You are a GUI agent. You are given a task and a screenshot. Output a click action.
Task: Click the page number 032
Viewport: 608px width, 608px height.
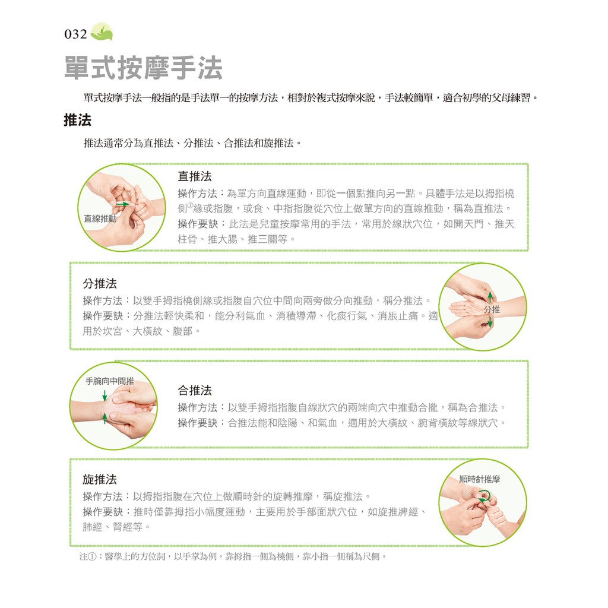coord(75,34)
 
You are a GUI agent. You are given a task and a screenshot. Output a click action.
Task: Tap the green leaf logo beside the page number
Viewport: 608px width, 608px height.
coord(102,31)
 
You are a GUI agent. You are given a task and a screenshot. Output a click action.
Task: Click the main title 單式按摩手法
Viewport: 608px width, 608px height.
coord(143,68)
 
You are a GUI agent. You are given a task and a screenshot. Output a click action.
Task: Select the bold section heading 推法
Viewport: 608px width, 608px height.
coord(78,120)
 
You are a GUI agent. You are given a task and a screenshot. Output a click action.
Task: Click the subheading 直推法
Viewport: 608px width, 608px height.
coord(195,176)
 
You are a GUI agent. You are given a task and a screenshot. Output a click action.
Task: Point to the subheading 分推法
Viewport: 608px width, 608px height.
coord(100,283)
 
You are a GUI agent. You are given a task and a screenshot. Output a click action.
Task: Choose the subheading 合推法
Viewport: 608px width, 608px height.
coord(195,390)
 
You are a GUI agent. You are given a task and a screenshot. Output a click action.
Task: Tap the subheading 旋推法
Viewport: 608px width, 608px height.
coord(100,479)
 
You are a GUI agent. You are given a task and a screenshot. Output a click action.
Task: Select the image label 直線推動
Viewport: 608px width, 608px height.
coord(100,218)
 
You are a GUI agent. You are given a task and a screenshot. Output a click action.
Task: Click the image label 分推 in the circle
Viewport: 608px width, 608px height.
coord(492,309)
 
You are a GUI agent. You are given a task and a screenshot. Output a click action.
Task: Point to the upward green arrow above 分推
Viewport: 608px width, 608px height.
coord(490,297)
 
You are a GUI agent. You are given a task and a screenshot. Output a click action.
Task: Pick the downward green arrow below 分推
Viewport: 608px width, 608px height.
coord(490,321)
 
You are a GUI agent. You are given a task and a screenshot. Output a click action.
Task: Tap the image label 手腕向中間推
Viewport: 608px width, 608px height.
coord(110,381)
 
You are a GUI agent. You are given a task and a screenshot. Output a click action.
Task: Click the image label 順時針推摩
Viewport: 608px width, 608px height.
coord(480,479)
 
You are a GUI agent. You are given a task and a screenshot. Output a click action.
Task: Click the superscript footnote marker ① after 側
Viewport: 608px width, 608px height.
coord(190,205)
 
